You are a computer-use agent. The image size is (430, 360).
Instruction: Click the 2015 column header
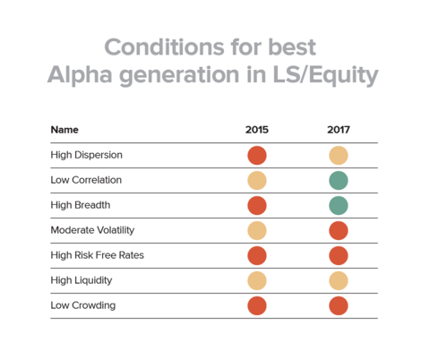pos(257,130)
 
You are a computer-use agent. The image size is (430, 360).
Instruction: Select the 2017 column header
pos(339,130)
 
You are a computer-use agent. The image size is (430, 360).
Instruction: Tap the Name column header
pos(64,130)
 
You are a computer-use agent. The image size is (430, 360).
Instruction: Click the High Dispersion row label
pos(87,155)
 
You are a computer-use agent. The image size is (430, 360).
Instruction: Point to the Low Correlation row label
pos(86,180)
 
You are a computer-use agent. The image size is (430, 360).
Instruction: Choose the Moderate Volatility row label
pos(92,230)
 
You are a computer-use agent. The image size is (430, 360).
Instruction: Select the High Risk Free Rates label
pos(98,255)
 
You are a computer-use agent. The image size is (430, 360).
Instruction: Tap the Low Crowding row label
pos(83,305)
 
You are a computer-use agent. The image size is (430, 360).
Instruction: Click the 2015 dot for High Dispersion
pos(257,156)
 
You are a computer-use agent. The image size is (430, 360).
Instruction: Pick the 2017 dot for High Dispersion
pos(339,156)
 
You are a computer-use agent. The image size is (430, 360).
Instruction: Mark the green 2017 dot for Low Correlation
pos(339,181)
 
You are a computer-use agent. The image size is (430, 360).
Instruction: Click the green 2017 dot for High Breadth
pos(339,206)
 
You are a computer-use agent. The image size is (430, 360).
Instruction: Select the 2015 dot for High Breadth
pos(257,206)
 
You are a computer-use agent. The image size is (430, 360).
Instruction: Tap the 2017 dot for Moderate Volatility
pos(339,231)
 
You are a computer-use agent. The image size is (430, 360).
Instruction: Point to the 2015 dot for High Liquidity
pos(257,281)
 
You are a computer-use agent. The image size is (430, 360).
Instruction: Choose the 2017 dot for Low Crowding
pos(339,306)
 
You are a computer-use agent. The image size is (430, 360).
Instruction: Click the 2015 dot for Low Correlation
pos(257,181)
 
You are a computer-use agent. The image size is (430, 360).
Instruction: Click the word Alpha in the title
pos(80,75)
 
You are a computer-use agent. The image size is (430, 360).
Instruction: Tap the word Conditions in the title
pos(164,47)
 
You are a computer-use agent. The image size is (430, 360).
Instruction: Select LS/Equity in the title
pos(325,75)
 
